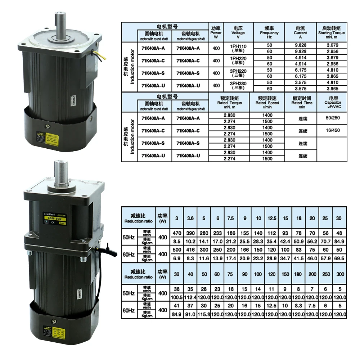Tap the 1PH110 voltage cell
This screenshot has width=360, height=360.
(x=238, y=48)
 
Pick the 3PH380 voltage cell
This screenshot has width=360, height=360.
(x=238, y=85)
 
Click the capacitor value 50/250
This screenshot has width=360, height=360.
(x=332, y=118)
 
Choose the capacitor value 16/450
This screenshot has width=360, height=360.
(x=332, y=131)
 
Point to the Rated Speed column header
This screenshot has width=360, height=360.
(x=267, y=103)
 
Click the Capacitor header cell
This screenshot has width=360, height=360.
(x=332, y=103)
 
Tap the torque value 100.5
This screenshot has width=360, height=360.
(x=176, y=297)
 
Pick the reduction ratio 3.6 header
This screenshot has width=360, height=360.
(x=190, y=218)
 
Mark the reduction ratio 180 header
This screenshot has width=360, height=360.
(x=299, y=274)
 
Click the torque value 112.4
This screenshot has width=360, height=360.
(x=190, y=297)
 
